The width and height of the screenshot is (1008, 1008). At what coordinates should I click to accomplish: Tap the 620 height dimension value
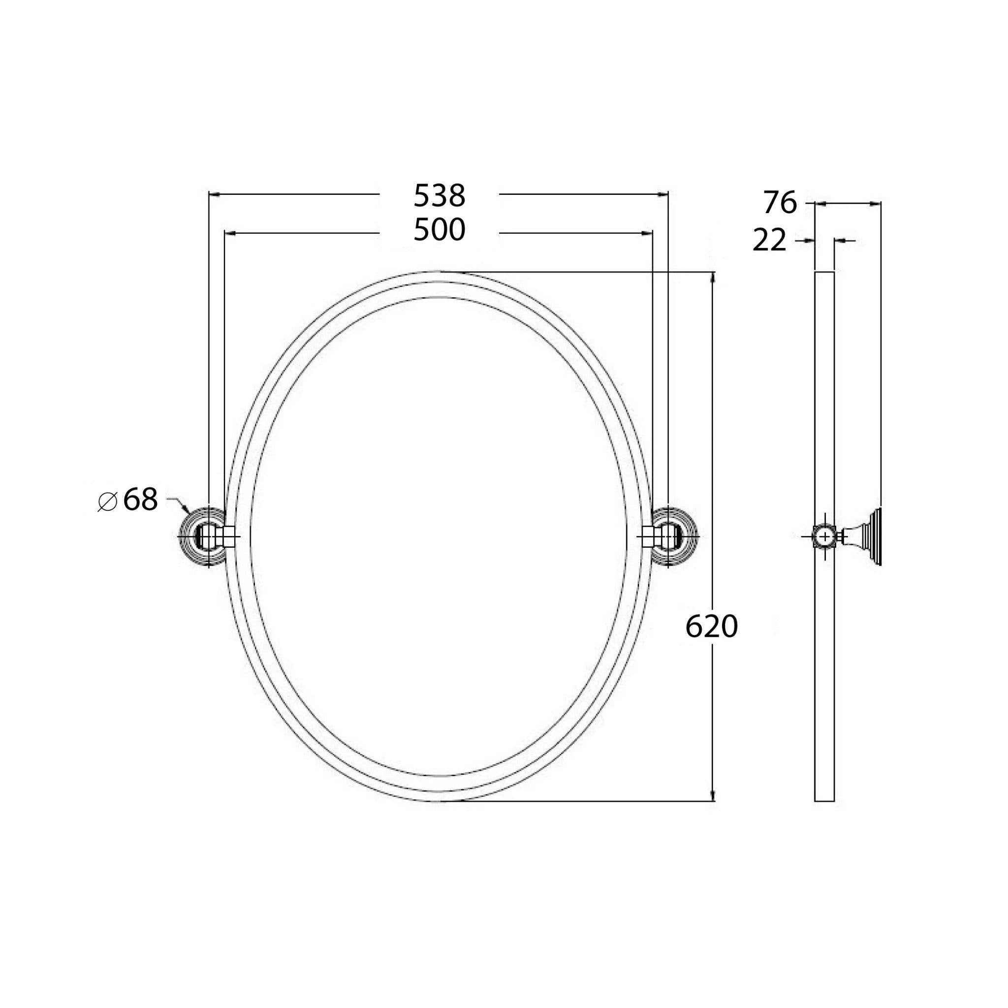pyautogui.click(x=711, y=627)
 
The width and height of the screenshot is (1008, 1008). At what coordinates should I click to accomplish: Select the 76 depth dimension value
pyautogui.click(x=781, y=203)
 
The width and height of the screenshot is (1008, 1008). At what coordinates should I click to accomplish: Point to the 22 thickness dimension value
pyautogui.click(x=769, y=241)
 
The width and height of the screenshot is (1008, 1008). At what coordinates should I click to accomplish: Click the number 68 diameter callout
pyautogui.click(x=140, y=501)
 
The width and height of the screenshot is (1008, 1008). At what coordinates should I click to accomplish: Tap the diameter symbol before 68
pyautogui.click(x=107, y=502)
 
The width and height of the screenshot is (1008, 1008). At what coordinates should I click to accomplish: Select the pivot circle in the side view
pyautogui.click(x=824, y=536)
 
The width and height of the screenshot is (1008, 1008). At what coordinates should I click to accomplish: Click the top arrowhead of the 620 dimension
pyautogui.click(x=713, y=276)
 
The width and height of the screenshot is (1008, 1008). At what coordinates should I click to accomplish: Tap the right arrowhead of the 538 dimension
pyautogui.click(x=663, y=194)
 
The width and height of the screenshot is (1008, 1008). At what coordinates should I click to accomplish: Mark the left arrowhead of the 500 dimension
pyautogui.click(x=228, y=233)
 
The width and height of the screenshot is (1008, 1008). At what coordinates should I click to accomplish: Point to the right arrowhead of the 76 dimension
pyautogui.click(x=877, y=203)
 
